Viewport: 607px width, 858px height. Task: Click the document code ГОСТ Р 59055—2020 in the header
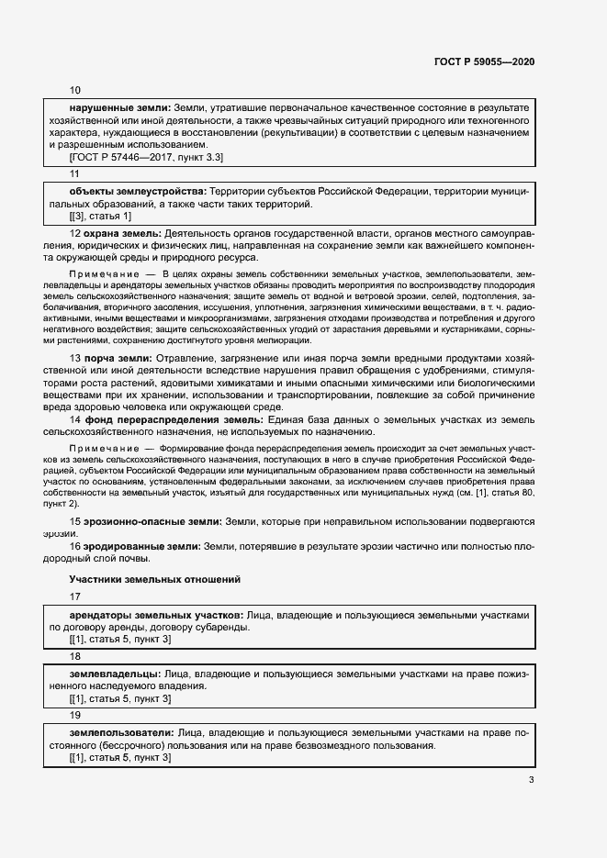point(483,61)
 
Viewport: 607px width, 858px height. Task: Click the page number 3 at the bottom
point(532,780)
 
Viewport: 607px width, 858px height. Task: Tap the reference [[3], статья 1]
point(101,216)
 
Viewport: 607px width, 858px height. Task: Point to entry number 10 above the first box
point(75,90)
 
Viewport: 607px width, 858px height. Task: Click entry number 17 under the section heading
point(75,596)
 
